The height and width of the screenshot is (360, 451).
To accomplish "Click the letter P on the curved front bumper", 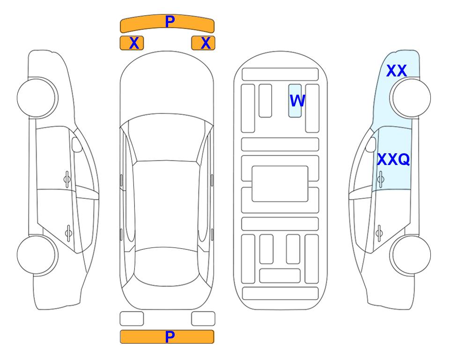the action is tap(170, 22).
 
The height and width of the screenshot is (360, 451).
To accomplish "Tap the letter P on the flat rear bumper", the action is tap(170, 337).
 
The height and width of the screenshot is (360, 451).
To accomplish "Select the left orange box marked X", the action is tap(132, 43).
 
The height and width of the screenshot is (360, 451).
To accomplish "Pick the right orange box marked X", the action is tap(203, 43).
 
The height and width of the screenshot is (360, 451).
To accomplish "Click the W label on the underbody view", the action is tap(297, 100).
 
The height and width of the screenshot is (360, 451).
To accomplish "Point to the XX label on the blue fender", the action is tap(396, 71).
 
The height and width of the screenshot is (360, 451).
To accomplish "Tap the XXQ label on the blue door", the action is tap(393, 159).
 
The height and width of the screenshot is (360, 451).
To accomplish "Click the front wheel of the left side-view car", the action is tap(37, 97).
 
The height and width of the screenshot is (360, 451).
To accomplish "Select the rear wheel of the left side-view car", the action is tap(37, 255).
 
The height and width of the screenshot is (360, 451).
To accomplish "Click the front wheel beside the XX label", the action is tap(410, 97).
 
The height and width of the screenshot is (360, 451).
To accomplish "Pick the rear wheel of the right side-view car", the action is tap(410, 255).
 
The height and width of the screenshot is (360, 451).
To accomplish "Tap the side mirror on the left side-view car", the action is tap(77, 144).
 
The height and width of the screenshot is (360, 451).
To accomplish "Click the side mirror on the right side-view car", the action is tap(371, 144).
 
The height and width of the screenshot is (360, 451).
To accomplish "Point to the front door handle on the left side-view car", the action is tap(67, 180).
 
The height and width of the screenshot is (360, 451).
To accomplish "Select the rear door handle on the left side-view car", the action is tap(68, 232).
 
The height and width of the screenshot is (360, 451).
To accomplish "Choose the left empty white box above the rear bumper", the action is tap(132, 319).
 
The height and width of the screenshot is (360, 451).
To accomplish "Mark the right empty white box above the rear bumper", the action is tap(203, 319).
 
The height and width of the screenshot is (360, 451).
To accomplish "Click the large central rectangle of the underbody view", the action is tap(280, 184).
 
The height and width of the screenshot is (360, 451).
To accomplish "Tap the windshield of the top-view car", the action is tap(167, 138).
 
